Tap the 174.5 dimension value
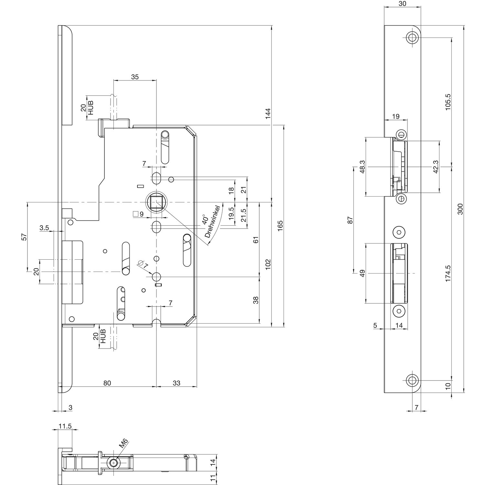click(448, 273)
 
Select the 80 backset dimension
click(107, 383)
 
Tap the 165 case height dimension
click(280, 225)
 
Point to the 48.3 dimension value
click(362, 167)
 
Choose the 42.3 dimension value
click(436, 167)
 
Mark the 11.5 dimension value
click(65, 426)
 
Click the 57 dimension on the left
click(24, 237)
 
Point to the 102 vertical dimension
click(268, 264)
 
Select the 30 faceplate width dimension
click(403, 4)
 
